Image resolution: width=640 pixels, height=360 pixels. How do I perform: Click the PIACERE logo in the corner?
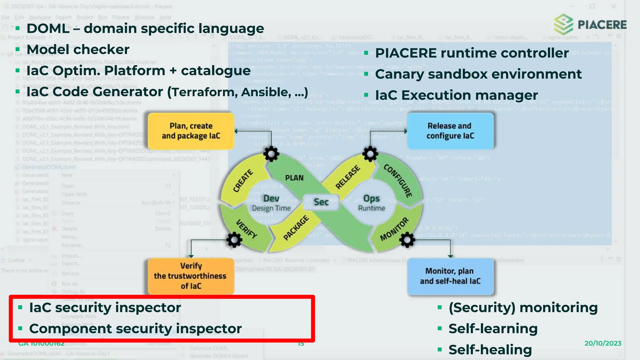(590, 24)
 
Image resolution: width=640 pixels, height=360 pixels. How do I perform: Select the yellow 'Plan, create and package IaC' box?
(191, 131)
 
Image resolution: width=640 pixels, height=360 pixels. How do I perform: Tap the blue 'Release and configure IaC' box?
(450, 131)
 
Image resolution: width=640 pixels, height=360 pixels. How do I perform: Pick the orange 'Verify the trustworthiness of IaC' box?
(191, 276)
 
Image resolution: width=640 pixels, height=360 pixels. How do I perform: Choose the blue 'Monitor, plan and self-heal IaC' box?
(450, 276)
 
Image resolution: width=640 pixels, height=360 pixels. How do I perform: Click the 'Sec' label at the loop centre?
(321, 202)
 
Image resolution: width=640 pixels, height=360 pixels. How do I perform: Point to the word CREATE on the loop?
(243, 181)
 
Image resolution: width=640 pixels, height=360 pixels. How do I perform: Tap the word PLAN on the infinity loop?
(294, 178)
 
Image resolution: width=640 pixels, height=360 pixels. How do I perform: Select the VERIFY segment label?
(247, 229)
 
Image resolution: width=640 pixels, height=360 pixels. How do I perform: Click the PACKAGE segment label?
(296, 228)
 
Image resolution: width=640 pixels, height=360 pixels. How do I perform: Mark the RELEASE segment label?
(347, 177)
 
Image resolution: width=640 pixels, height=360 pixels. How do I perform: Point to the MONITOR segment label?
(394, 229)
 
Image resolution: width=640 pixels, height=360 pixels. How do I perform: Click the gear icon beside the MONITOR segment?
(407, 240)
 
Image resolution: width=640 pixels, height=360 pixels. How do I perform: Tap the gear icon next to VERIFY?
(234, 240)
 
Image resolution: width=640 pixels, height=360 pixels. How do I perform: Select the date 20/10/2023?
(603, 343)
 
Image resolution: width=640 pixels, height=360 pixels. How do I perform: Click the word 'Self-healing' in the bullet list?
(490, 350)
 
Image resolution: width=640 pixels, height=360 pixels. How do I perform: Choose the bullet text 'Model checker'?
(78, 49)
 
